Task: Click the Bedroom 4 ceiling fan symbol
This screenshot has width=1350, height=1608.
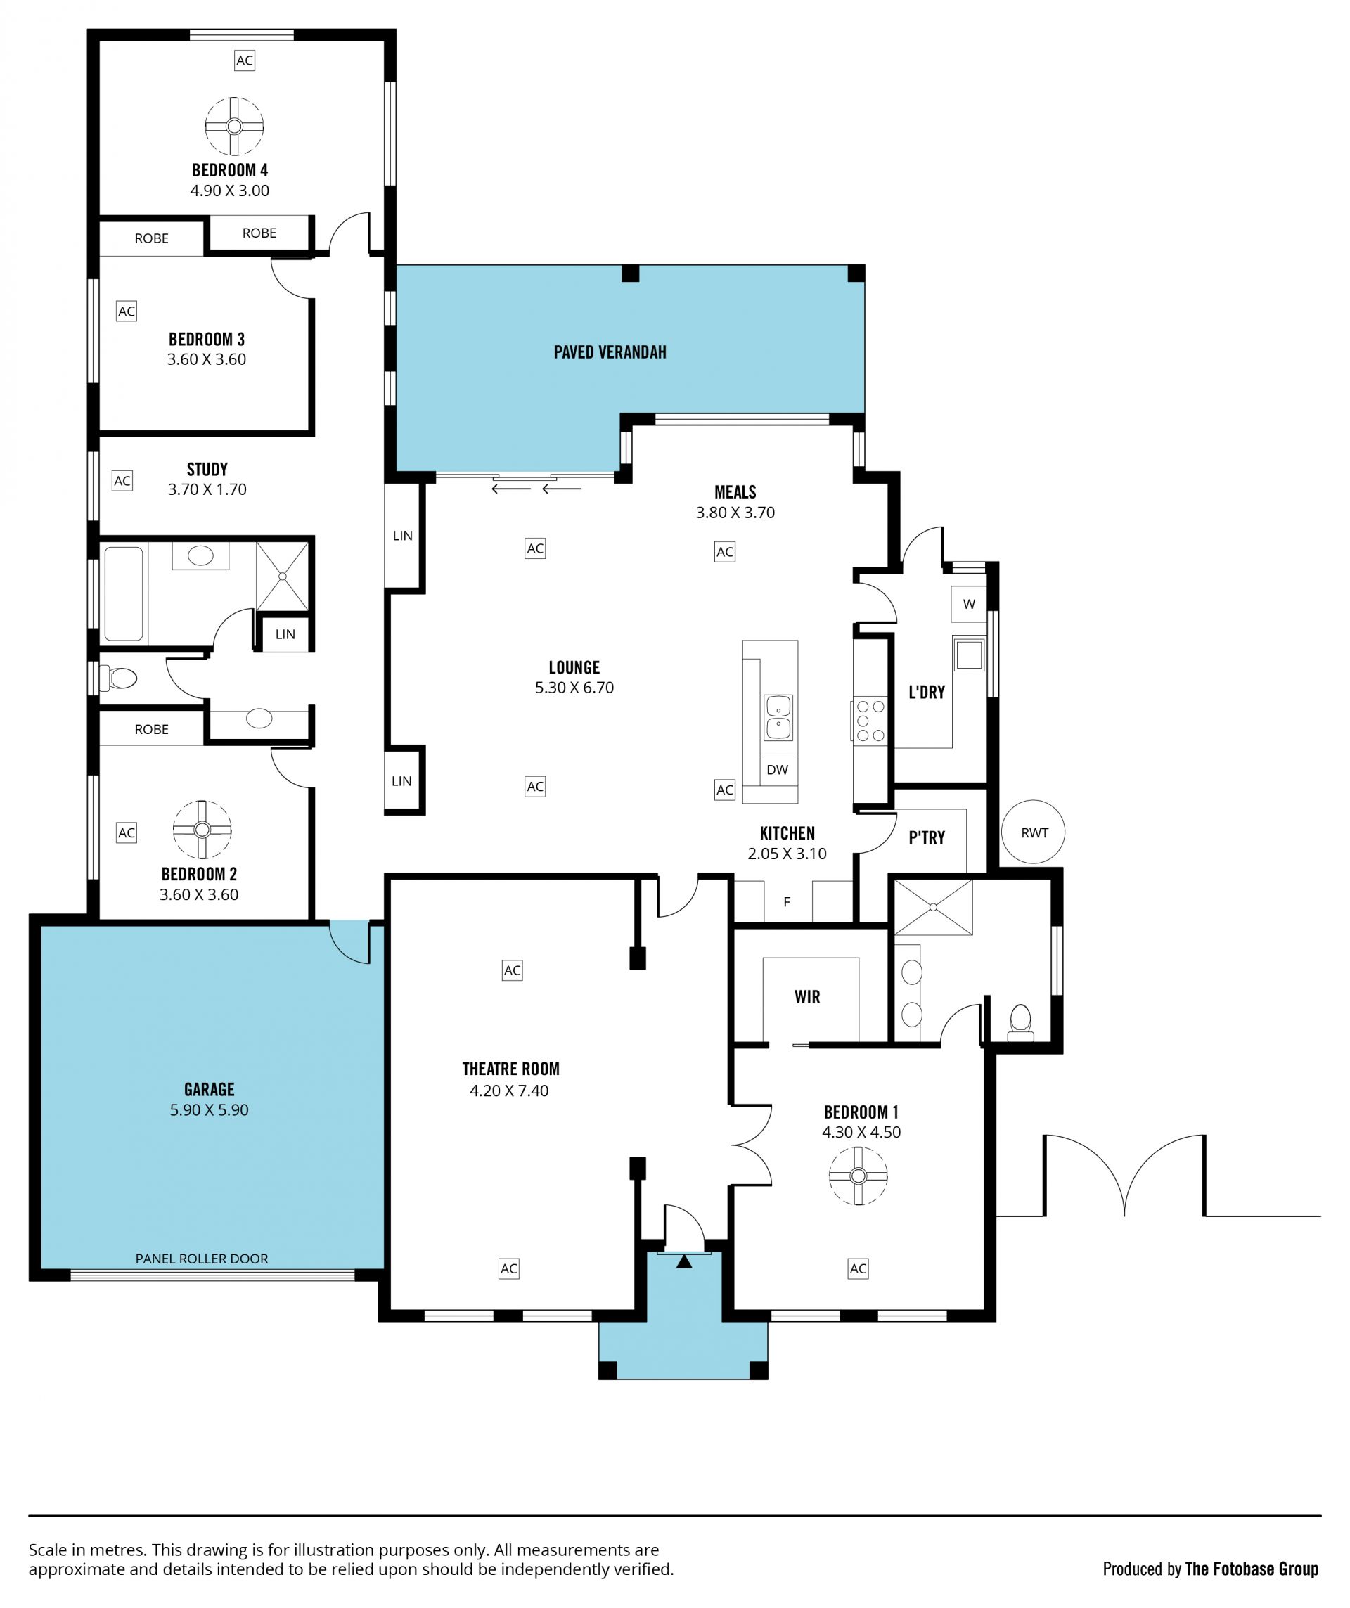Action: [x=234, y=127]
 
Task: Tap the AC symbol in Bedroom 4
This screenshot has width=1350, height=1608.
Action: [x=244, y=60]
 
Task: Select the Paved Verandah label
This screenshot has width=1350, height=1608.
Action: [x=610, y=352]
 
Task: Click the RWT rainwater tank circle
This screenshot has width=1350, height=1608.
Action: [x=1033, y=832]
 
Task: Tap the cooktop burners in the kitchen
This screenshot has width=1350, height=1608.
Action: [x=870, y=721]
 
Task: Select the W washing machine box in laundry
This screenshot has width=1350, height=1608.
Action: [x=969, y=604]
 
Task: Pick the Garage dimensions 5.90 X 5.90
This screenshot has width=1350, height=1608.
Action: [x=209, y=1109]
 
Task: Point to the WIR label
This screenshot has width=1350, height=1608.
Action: [x=807, y=996]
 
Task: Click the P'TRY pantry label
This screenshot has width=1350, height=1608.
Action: [x=927, y=837]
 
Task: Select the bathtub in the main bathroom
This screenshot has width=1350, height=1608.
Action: [x=124, y=593]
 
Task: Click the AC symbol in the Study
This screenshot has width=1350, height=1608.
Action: [x=122, y=481]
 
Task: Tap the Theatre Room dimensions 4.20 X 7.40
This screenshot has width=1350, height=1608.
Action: [x=509, y=1091]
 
